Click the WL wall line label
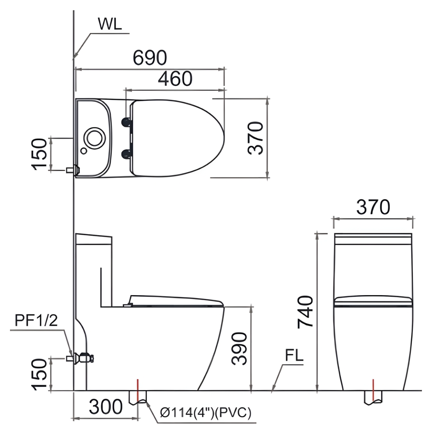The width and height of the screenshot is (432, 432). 109,24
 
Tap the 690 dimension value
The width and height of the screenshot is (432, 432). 150,58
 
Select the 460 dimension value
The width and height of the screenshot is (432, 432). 175,79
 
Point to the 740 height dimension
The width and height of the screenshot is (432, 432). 306,312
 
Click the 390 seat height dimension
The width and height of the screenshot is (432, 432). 240,349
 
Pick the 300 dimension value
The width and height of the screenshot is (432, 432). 106,407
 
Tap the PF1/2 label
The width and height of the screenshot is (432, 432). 36,320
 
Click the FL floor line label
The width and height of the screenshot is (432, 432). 294,355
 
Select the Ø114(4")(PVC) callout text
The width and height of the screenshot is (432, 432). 205,412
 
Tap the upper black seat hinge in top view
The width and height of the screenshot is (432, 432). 126,122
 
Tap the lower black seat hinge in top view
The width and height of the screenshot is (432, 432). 126,154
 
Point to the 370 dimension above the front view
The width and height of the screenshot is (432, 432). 373,207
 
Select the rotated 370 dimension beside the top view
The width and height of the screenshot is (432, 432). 255,138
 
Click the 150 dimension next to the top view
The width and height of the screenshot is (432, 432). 39,154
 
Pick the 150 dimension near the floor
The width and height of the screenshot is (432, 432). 39,374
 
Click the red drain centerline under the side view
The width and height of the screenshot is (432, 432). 138,391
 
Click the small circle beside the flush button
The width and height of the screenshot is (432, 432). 84,151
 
